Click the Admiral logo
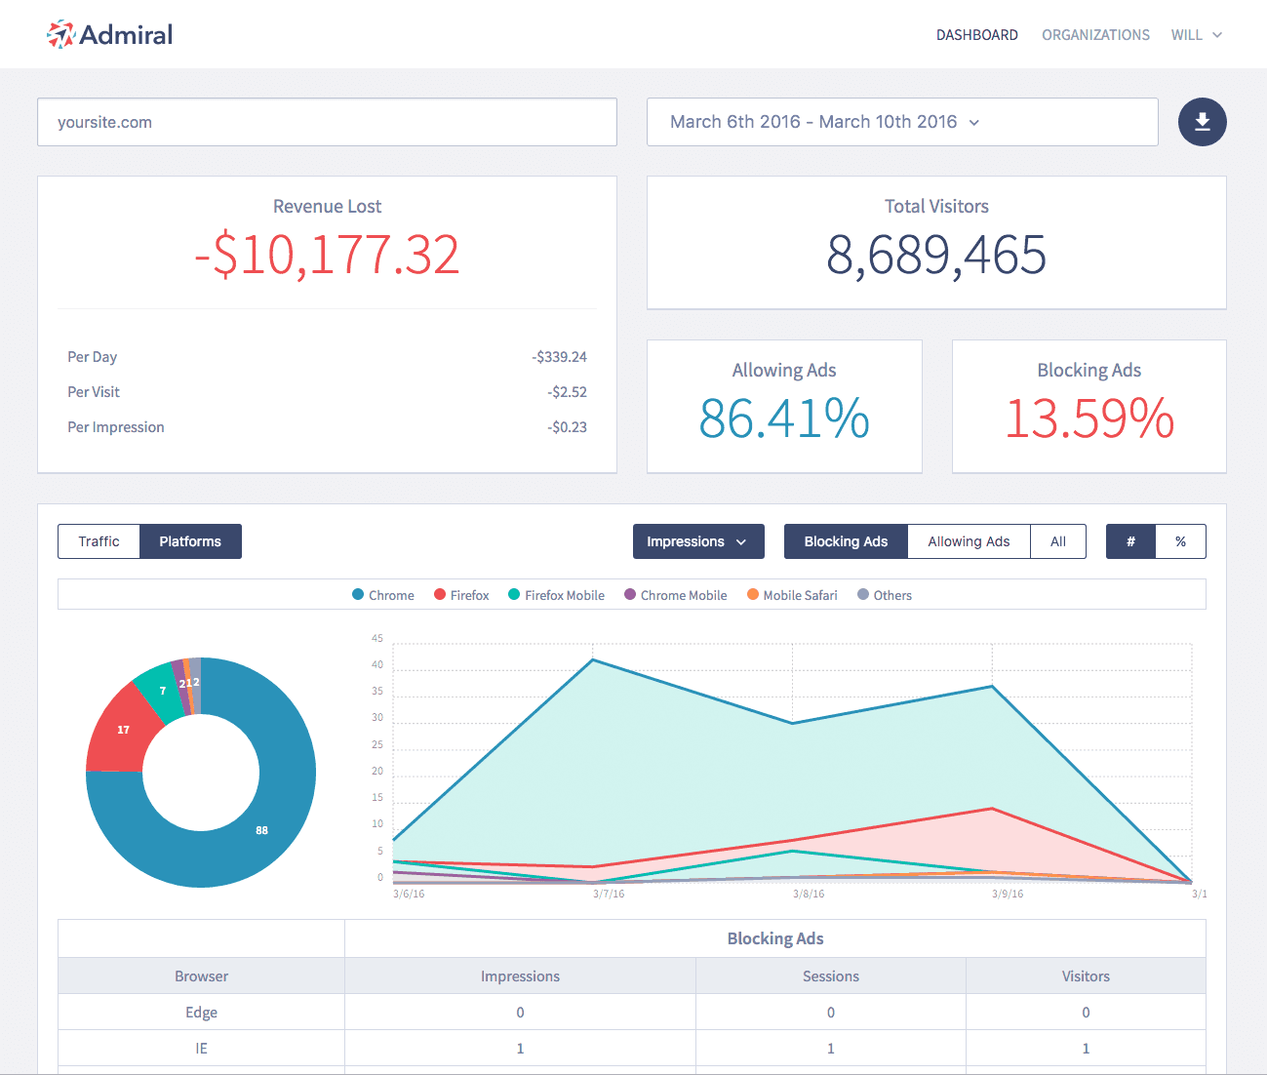click(109, 35)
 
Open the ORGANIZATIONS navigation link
click(1095, 35)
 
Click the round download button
click(1202, 122)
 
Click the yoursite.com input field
click(327, 122)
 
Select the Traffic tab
click(99, 541)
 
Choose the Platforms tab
click(190, 541)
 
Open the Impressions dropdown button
click(697, 541)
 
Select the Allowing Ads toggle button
click(968, 541)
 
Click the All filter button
click(1057, 541)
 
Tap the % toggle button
click(1180, 541)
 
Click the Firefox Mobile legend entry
click(556, 595)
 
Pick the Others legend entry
click(885, 595)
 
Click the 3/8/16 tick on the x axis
click(809, 894)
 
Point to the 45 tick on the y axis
click(377, 639)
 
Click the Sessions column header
click(830, 976)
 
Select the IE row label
click(201, 1049)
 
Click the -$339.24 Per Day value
click(559, 357)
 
